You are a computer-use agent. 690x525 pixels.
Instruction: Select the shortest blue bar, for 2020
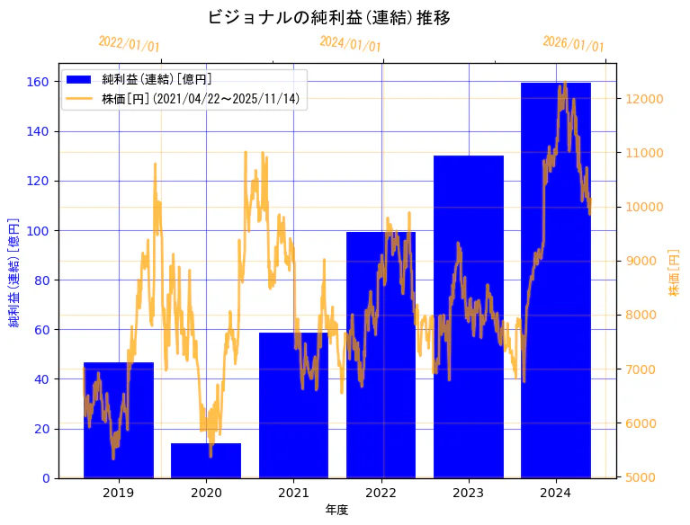click(x=206, y=460)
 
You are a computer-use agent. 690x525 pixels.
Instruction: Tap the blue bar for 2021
click(x=293, y=405)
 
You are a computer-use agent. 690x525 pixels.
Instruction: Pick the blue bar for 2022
click(x=381, y=355)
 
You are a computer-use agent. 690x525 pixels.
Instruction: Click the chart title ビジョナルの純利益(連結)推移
click(x=328, y=18)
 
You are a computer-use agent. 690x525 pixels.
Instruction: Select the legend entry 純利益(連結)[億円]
click(x=157, y=80)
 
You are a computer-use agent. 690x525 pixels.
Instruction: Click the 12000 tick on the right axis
click(x=646, y=99)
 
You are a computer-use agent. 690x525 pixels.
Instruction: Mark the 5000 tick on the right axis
click(x=642, y=477)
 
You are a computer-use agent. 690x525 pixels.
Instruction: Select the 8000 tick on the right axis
click(x=642, y=316)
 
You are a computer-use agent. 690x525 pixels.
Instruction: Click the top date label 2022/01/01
click(x=129, y=44)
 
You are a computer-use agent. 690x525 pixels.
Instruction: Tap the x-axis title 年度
click(x=336, y=510)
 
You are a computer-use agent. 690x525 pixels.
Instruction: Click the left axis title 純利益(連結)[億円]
click(x=14, y=271)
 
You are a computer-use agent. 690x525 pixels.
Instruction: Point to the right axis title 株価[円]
click(x=675, y=271)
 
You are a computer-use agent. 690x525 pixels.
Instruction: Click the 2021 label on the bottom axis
click(x=293, y=493)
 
